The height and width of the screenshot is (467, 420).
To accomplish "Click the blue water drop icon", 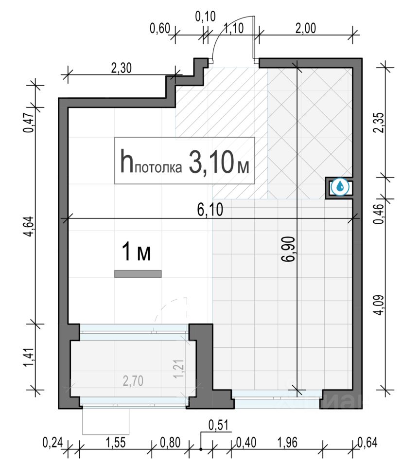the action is pos(340,187).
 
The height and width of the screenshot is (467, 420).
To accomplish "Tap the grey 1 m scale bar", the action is pos(138,274).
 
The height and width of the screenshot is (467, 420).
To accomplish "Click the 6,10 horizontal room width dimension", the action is pos(210,210).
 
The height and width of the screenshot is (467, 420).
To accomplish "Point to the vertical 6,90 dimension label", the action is pos(289,249).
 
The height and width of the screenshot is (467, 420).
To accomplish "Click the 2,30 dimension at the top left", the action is pos(122,68).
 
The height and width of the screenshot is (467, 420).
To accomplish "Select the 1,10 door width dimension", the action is pos(233,29).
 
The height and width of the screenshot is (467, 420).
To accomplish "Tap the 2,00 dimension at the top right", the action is pos(306,29).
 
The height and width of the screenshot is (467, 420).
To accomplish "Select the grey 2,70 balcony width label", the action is pos(133,381).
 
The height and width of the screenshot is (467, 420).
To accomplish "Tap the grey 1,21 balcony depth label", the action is pos(179,369).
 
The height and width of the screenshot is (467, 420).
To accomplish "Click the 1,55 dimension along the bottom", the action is pos(116,443).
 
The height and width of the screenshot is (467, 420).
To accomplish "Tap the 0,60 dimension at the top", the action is pos(159,29).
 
